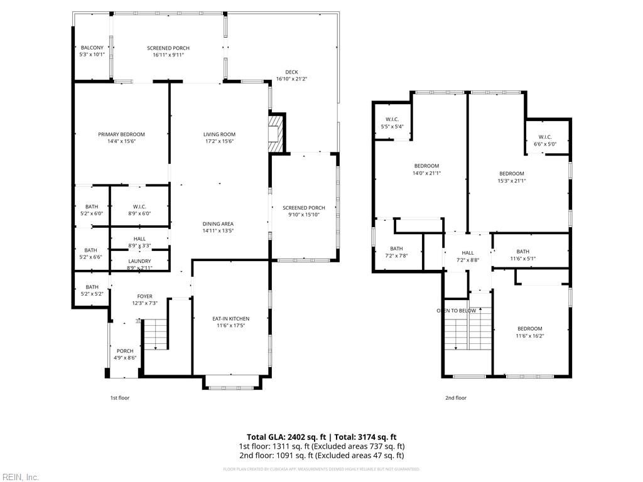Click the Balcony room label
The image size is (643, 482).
[x=92, y=48]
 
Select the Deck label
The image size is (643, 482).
[x=291, y=72]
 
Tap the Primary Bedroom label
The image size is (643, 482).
[x=121, y=134]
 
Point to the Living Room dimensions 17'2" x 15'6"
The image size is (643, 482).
[x=219, y=141]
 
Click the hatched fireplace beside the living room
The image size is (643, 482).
[x=276, y=133]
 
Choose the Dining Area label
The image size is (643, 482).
[x=218, y=224]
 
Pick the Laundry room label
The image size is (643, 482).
[x=139, y=261]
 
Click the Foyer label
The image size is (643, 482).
[x=145, y=296]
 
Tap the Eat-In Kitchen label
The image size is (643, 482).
[x=230, y=319]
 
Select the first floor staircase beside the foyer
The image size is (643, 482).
[x=154, y=334]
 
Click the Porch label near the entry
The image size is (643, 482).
[x=125, y=351]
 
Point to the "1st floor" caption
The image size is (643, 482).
[x=120, y=397]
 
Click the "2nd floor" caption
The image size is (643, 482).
[x=456, y=397]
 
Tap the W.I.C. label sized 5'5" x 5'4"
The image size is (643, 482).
[x=392, y=119]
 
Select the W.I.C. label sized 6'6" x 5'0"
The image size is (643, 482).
[x=544, y=137]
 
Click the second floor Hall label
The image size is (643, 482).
[x=468, y=253]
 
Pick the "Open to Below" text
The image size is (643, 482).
[x=456, y=311]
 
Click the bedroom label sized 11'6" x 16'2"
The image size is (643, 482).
[x=529, y=329]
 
